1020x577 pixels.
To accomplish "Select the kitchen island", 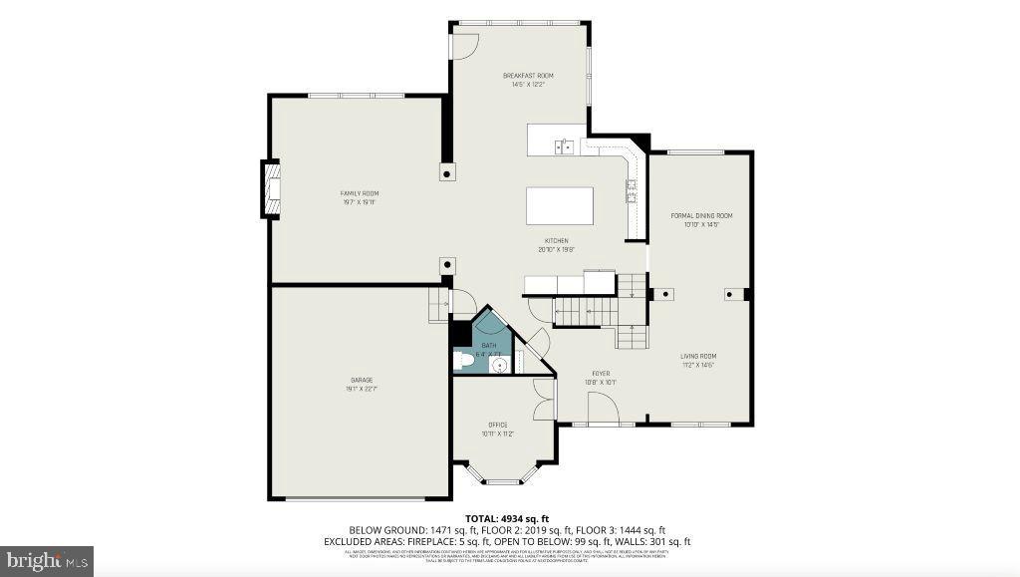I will point(559,206).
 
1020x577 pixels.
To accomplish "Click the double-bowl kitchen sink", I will point(564,146).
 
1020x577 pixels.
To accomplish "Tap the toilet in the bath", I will point(462,361).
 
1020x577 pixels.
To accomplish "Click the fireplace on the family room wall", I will point(270,187).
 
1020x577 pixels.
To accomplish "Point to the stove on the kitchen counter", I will point(632,188).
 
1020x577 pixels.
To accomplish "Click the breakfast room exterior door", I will point(465,45).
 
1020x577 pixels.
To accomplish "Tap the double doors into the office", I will point(543,402).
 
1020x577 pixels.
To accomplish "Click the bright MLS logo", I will point(47,560).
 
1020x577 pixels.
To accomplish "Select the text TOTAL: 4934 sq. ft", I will point(507,518).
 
